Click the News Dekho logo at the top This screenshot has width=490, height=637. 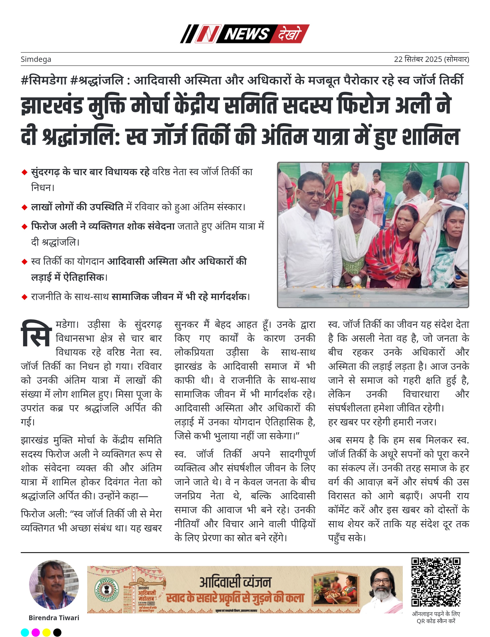(244, 34)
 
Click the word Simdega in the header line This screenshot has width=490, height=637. (36, 60)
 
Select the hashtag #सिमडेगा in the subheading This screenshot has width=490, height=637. (44, 80)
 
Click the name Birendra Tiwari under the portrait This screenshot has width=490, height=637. (54, 618)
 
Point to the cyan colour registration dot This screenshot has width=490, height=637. (25, 632)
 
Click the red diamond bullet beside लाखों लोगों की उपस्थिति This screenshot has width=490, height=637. (24, 207)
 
